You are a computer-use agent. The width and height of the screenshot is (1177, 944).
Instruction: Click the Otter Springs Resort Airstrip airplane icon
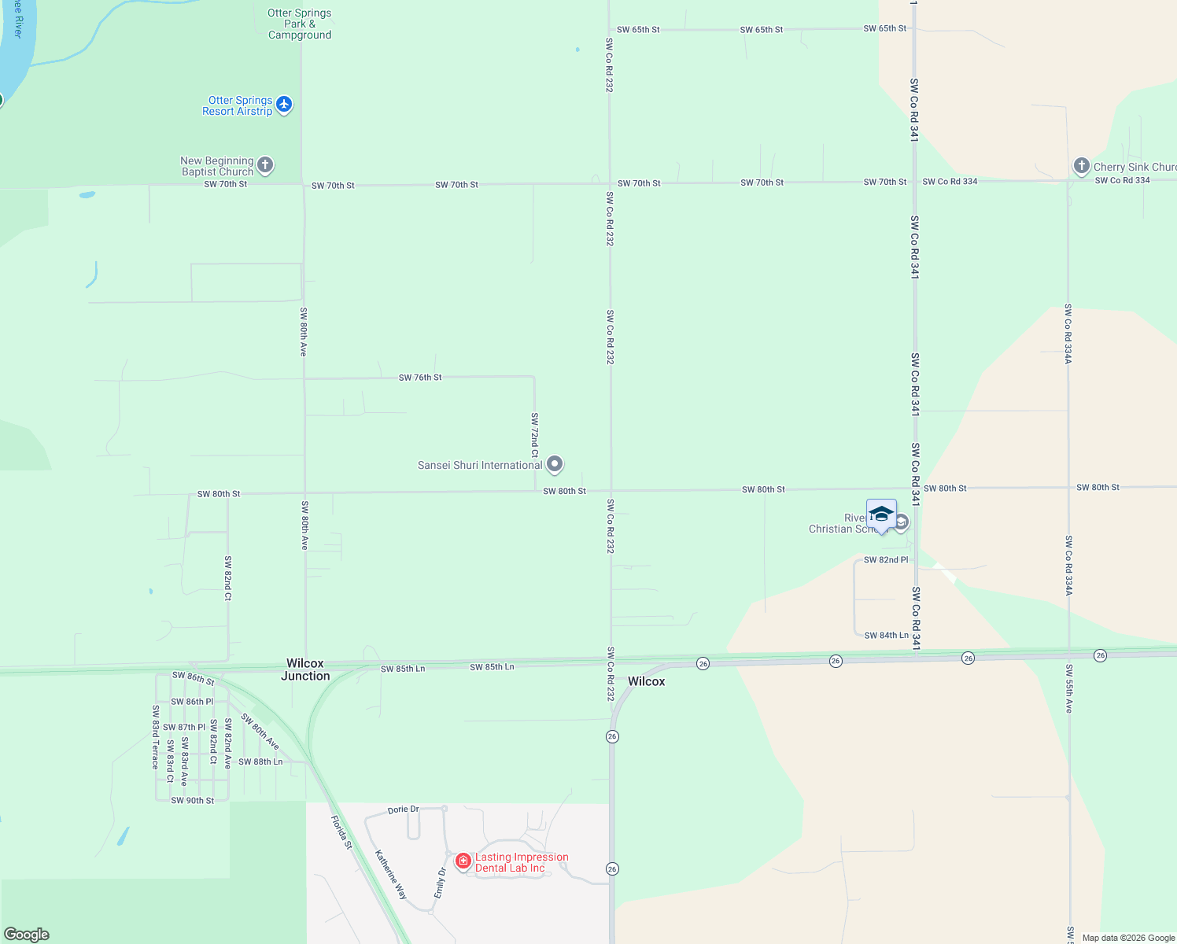coord(284,104)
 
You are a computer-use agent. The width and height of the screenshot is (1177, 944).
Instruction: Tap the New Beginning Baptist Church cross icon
coord(265,165)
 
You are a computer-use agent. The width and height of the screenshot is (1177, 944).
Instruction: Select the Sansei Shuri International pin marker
coord(555,464)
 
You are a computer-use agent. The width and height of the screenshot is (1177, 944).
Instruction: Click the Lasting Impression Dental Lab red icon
coord(463,861)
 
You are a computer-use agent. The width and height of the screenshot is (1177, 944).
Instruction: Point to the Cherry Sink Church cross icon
coord(1082,166)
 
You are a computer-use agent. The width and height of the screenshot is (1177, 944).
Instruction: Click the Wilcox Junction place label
coord(305,669)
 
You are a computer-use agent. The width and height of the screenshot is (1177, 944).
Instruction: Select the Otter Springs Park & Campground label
coord(299,24)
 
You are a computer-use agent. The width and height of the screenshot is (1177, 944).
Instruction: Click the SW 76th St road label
coord(420,378)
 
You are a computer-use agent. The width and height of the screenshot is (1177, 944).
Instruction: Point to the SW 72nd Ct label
coord(535,435)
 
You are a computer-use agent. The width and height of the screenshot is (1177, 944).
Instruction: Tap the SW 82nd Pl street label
coord(886,560)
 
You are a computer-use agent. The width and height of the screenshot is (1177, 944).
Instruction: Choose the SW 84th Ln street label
coord(887,636)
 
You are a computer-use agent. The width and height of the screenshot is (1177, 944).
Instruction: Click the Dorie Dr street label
coord(403,809)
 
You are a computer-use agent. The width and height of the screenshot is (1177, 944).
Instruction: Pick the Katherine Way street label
coord(390,875)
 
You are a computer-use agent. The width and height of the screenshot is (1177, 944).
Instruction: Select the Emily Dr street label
coord(440,883)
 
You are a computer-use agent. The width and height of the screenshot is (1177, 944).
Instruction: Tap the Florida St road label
coord(342,832)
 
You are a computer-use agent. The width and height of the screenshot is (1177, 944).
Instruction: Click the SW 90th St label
coord(192,801)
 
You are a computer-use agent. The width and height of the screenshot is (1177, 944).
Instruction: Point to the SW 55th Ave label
coord(1068,689)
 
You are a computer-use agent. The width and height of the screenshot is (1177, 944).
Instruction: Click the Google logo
coord(27,935)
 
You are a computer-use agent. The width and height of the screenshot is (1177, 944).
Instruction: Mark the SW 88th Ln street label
coord(260,761)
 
